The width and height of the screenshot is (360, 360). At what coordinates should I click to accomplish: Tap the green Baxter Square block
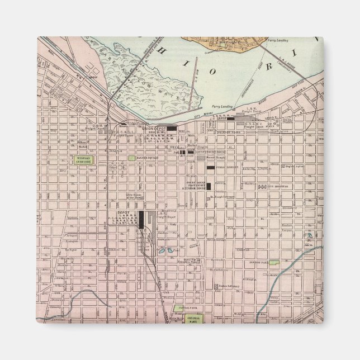(132, 159)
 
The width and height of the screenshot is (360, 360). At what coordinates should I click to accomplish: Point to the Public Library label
(224, 167)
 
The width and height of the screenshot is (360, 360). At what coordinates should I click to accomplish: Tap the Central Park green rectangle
(193, 320)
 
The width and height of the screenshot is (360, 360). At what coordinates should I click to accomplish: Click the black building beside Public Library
(210, 167)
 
